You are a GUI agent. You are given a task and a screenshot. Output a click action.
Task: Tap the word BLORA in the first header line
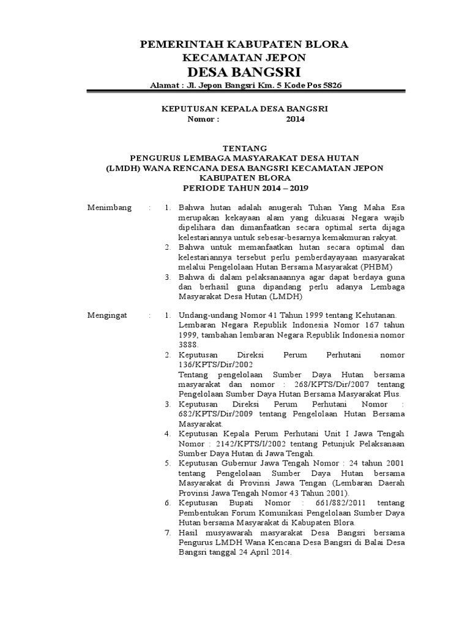(x=325, y=44)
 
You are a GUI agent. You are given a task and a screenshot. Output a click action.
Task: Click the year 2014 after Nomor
(x=295, y=119)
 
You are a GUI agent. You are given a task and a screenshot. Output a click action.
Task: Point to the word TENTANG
(x=244, y=148)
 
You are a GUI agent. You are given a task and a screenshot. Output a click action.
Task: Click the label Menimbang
(x=110, y=208)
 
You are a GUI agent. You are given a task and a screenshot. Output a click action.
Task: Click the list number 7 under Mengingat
(x=167, y=533)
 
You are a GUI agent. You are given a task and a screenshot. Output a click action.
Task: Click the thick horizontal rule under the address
(x=245, y=92)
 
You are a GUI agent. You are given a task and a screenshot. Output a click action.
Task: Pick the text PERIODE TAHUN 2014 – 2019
(x=244, y=187)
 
